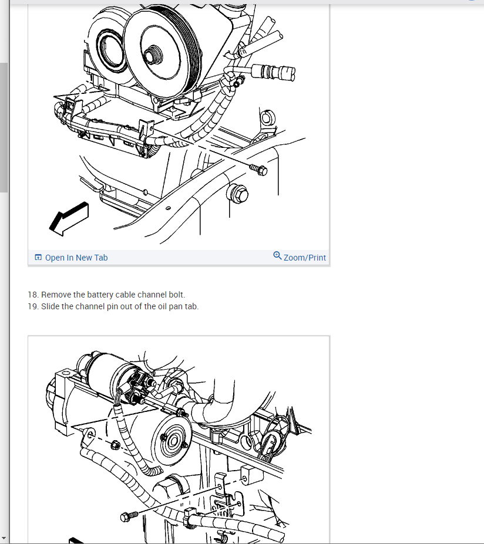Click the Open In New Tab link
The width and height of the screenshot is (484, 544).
pos(76,258)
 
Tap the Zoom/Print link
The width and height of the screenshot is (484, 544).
pos(304,258)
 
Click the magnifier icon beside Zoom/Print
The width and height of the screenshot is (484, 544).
pos(277,256)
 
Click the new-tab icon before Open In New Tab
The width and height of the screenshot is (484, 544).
pos(38,258)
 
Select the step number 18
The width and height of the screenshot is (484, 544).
pos(33,295)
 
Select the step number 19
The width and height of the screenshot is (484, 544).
pos(33,306)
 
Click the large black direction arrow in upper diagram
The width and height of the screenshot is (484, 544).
pos(69,218)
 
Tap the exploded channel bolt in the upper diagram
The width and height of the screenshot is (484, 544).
pos(258,170)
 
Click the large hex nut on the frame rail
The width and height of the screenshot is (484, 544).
pos(238,194)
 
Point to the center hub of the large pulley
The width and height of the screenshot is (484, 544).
pos(152,55)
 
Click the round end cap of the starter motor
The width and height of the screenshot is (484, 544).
pos(173,441)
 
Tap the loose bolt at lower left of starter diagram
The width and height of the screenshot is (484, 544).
pos(129,516)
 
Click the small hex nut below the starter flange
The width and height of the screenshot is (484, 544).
pos(115,444)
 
